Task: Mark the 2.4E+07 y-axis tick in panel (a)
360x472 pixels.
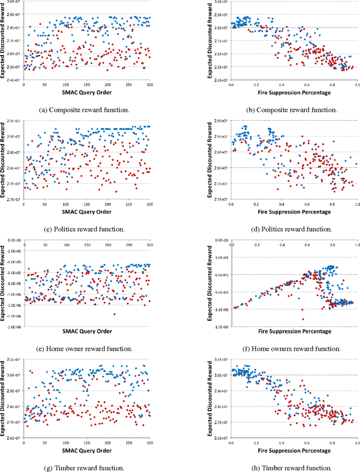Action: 12,80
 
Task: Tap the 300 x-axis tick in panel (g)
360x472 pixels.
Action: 149,443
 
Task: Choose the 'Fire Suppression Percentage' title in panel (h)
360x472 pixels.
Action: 294,451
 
